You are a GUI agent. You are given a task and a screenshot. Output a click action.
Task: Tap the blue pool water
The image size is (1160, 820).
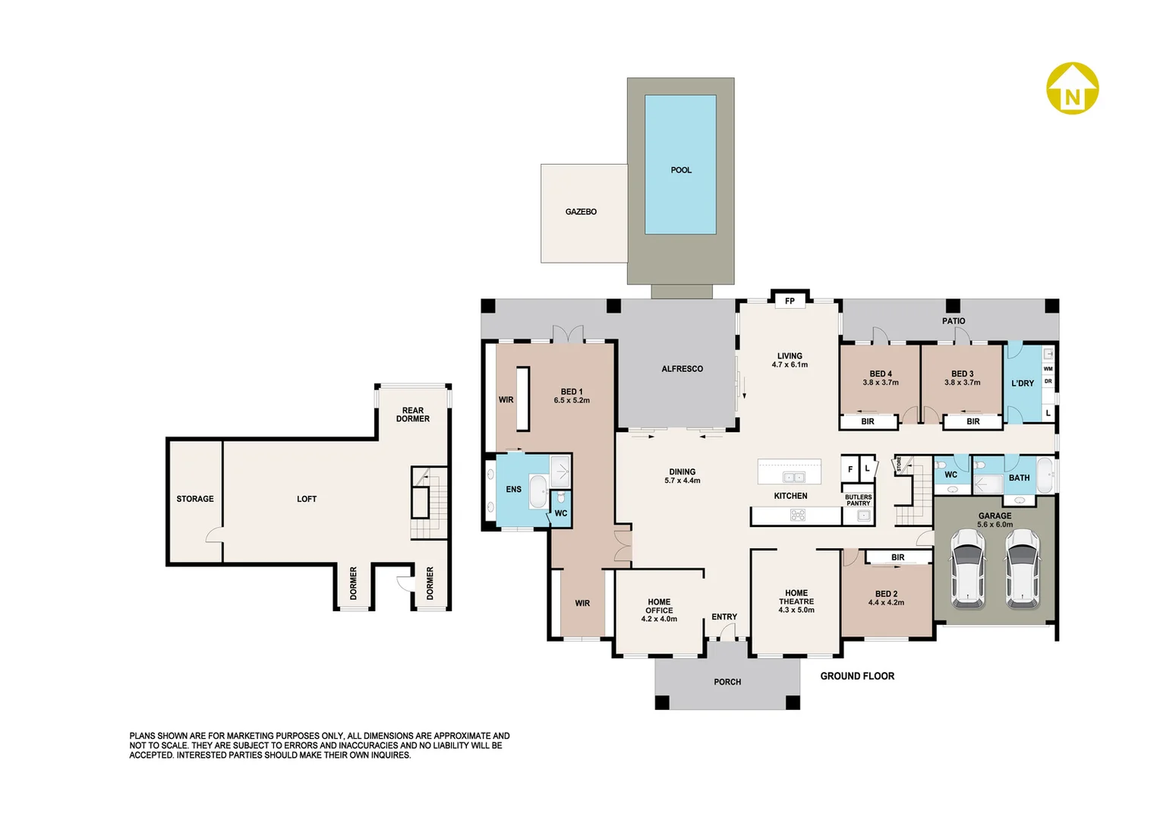click(x=680, y=164)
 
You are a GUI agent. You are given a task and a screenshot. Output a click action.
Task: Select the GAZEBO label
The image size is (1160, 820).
click(x=581, y=212)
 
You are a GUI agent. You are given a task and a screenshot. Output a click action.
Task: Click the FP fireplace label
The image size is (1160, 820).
click(x=790, y=301)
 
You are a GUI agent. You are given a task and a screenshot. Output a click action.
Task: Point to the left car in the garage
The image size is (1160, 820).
click(x=968, y=568)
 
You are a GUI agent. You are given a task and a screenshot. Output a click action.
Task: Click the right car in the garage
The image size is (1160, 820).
click(x=1022, y=568)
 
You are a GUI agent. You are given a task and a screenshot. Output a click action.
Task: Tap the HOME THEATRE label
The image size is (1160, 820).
click(x=796, y=598)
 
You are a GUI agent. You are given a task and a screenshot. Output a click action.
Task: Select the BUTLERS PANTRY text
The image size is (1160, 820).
click(x=858, y=500)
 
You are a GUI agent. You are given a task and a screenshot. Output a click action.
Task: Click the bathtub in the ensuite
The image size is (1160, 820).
click(x=538, y=491)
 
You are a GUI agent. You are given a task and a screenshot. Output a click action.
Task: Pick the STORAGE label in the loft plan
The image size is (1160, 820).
click(x=194, y=499)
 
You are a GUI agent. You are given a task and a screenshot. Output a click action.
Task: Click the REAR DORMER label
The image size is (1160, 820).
click(x=413, y=415)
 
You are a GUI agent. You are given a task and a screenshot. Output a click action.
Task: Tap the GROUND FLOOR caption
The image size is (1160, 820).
click(x=857, y=676)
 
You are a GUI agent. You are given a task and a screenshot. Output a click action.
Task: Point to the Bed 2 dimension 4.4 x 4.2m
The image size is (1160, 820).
click(x=886, y=602)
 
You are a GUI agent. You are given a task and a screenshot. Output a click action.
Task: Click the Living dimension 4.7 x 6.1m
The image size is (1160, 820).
click(x=790, y=364)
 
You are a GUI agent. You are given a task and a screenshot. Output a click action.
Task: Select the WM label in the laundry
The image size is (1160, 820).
click(x=1048, y=369)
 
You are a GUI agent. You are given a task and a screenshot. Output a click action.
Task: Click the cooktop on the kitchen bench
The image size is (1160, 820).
click(x=797, y=515)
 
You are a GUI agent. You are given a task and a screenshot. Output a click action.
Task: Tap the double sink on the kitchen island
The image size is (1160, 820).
click(x=793, y=477)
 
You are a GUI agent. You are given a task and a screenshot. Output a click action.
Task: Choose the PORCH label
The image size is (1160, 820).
click(x=727, y=683)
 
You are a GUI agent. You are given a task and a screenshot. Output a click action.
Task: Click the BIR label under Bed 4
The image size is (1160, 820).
click(x=868, y=421)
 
